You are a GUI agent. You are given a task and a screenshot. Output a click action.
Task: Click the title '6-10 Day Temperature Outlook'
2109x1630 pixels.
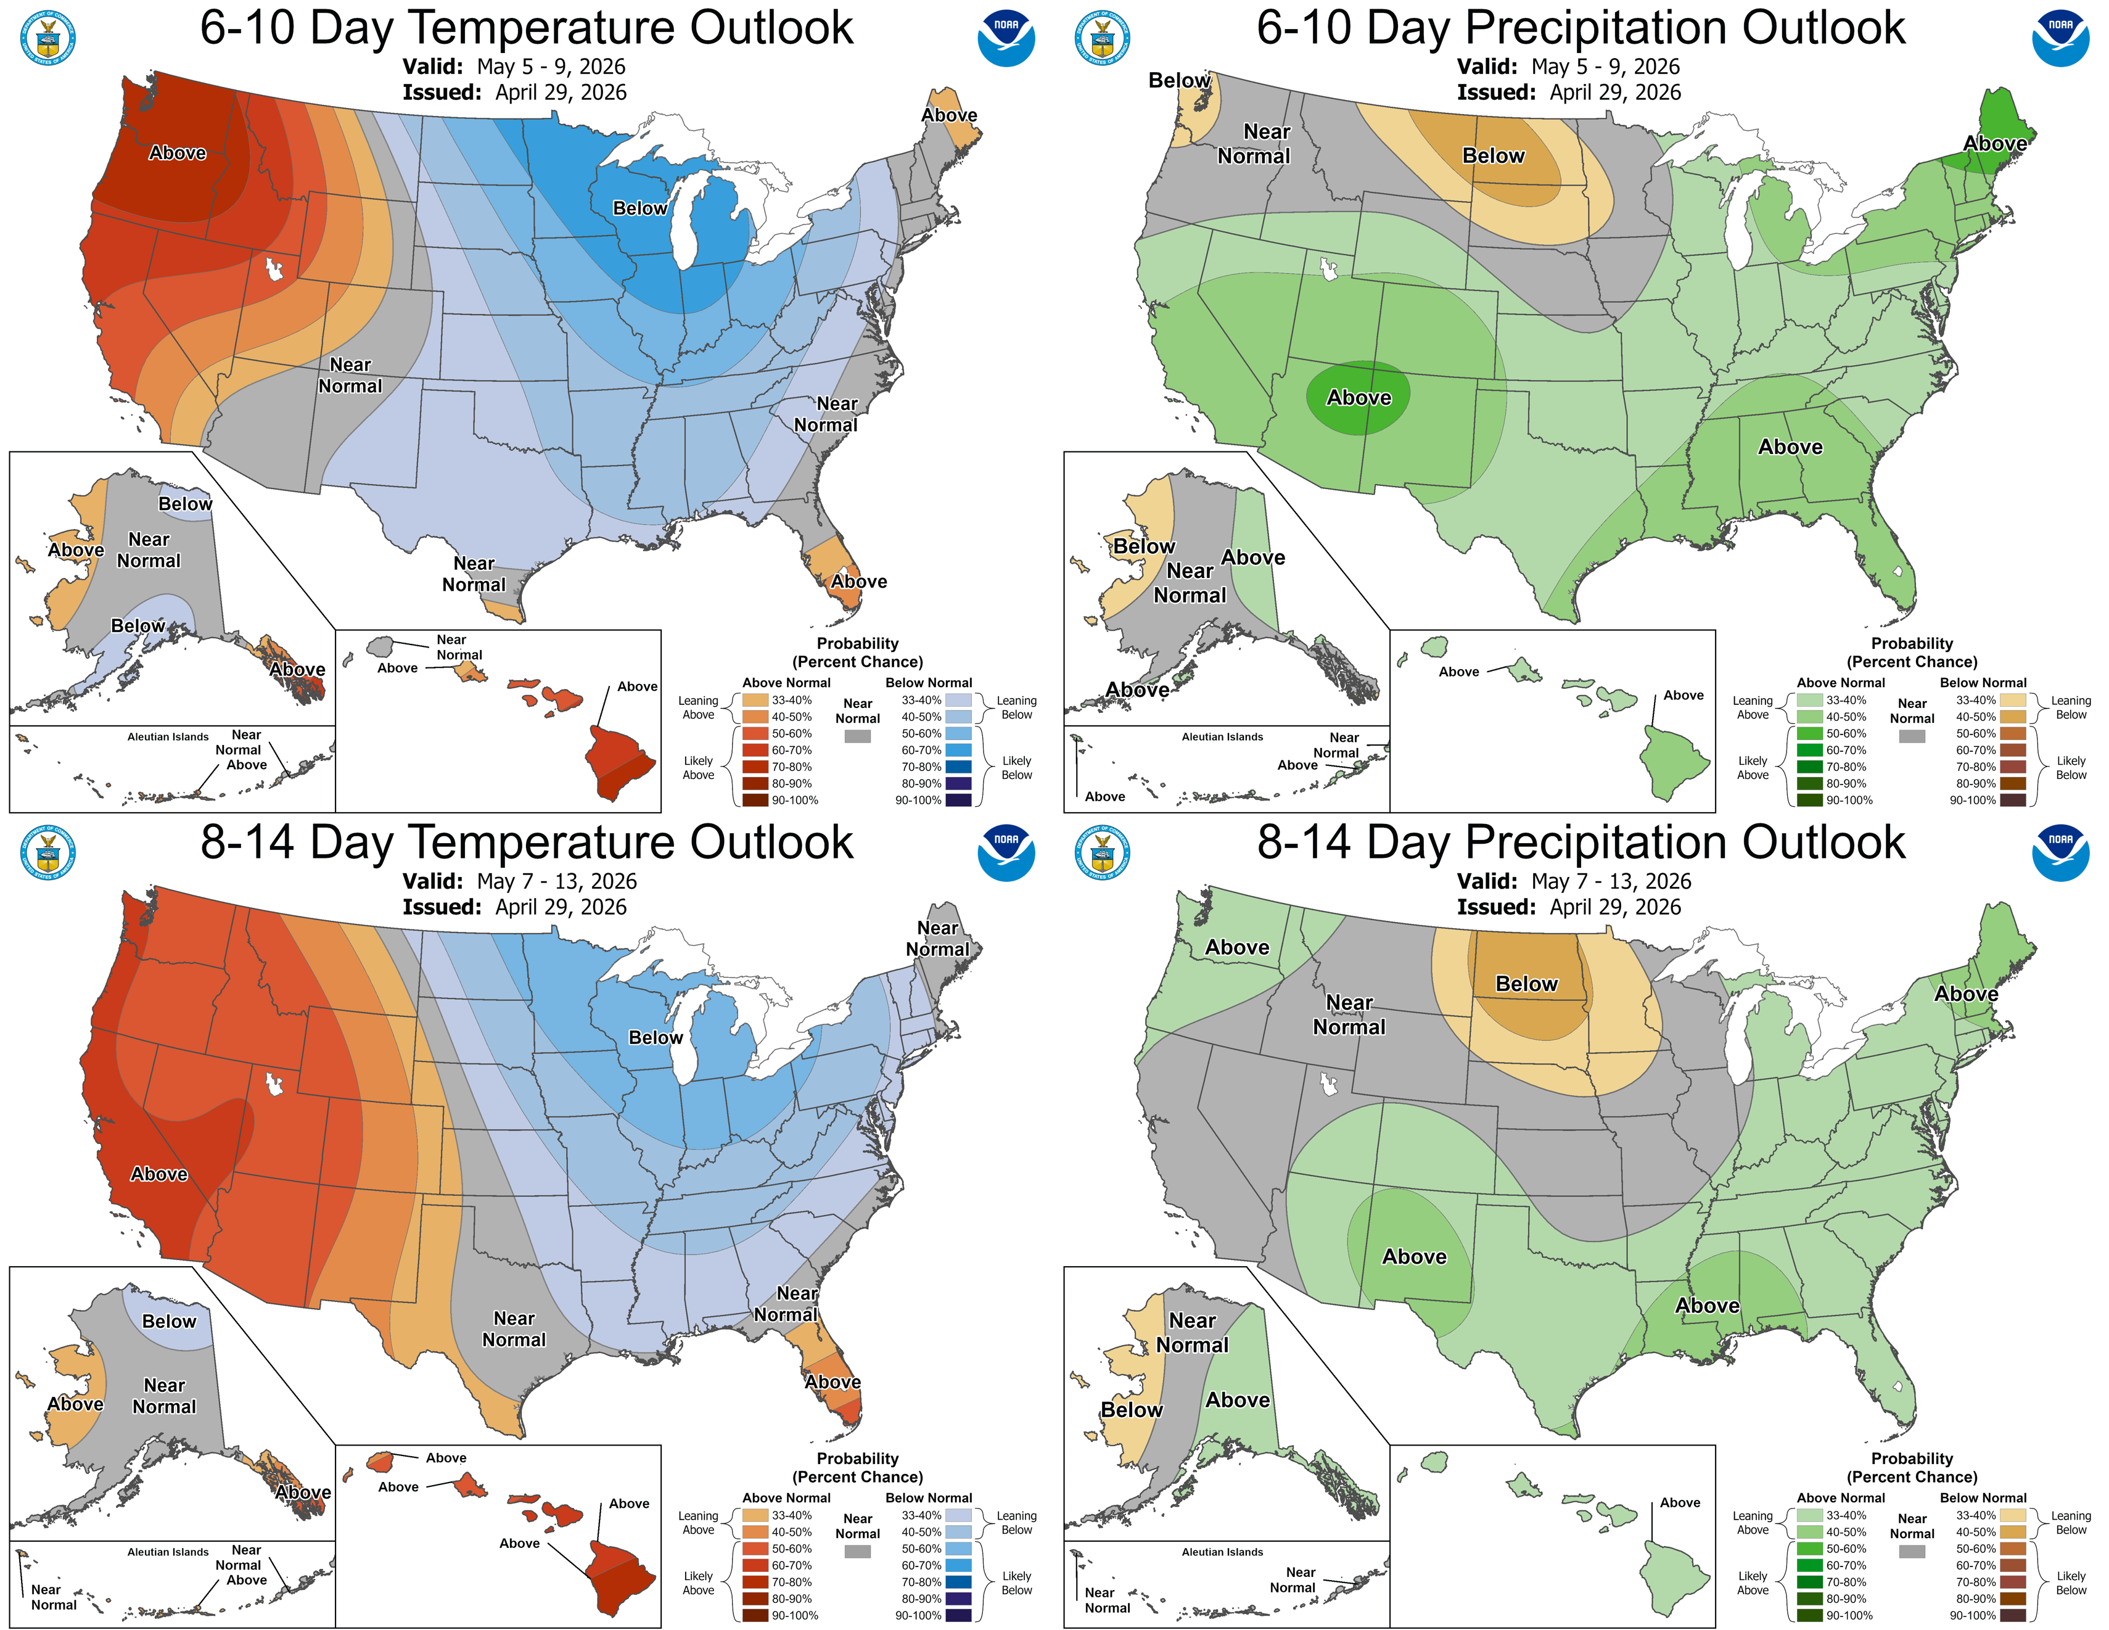click(x=526, y=27)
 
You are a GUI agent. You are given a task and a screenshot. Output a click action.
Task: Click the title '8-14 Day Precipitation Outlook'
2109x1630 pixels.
click(x=1581, y=842)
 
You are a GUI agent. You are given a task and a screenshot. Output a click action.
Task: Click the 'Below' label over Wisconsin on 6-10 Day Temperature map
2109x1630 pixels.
click(x=639, y=208)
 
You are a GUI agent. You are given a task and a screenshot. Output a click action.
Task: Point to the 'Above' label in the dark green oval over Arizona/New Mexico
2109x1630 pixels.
click(x=1358, y=397)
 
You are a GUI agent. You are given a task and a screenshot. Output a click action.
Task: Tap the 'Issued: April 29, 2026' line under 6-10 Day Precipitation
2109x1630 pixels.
click(x=1568, y=93)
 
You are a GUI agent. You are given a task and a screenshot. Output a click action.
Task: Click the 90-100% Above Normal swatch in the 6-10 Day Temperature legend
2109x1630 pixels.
click(x=755, y=799)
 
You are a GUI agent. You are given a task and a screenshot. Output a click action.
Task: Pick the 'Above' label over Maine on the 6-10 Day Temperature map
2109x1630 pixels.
click(x=948, y=115)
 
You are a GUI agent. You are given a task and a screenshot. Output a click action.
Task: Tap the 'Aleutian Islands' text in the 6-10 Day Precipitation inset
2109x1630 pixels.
click(x=1222, y=737)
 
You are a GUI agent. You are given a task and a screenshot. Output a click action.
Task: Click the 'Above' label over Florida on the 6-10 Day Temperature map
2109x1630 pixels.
click(x=858, y=582)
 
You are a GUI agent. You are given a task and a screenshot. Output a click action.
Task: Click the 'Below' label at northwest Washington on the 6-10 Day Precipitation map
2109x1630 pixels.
click(x=1178, y=80)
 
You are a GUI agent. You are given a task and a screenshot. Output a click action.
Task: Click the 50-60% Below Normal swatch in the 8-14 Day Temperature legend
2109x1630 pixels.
click(x=958, y=1548)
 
